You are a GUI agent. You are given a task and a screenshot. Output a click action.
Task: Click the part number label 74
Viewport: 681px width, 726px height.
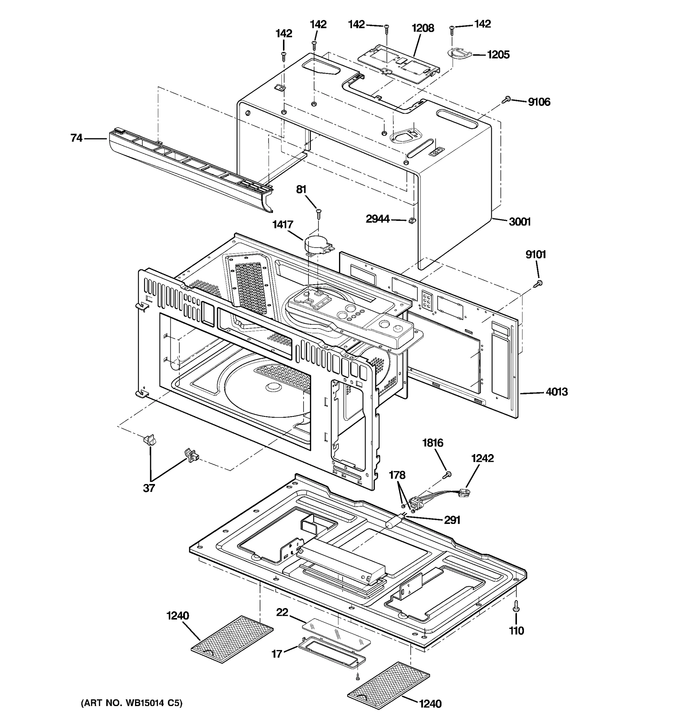[x=76, y=138]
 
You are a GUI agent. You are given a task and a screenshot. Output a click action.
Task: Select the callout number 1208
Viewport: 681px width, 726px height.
[x=423, y=28]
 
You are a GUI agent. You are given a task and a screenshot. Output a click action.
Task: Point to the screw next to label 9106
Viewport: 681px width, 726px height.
[x=507, y=99]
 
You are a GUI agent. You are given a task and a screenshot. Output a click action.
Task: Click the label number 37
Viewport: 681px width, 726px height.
[x=149, y=488]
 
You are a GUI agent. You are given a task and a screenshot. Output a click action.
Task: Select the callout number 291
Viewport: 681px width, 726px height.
[x=452, y=520]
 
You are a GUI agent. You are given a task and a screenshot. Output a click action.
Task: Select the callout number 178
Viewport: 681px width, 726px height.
[x=397, y=475]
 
